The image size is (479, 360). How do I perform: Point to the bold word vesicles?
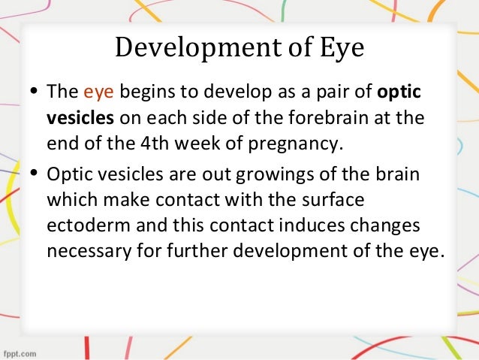point(78,119)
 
